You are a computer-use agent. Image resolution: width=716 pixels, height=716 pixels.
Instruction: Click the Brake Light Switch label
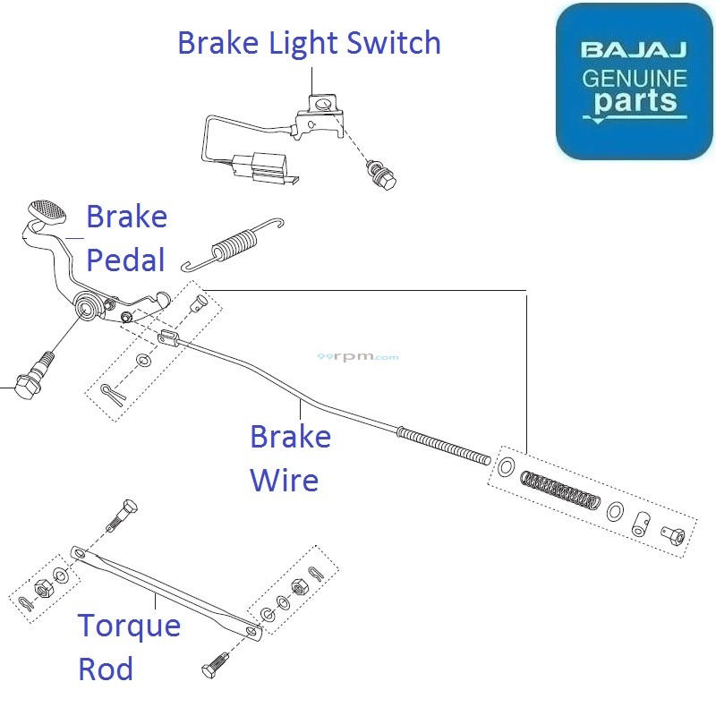pos(309,42)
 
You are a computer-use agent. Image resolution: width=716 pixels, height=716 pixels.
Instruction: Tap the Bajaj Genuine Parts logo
pos(635,81)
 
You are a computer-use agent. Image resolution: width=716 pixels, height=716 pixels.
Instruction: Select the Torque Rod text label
pos(129,647)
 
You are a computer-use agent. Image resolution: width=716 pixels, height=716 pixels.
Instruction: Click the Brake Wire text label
pos(290,458)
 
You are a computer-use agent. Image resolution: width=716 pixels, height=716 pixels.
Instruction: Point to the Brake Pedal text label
pos(125,238)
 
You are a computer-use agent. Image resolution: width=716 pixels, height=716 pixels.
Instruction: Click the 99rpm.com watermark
pos(358,356)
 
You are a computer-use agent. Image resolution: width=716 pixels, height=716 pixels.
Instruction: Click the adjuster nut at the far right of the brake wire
pos(674,534)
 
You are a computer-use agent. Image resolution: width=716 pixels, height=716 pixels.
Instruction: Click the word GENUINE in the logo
pos(635,78)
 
